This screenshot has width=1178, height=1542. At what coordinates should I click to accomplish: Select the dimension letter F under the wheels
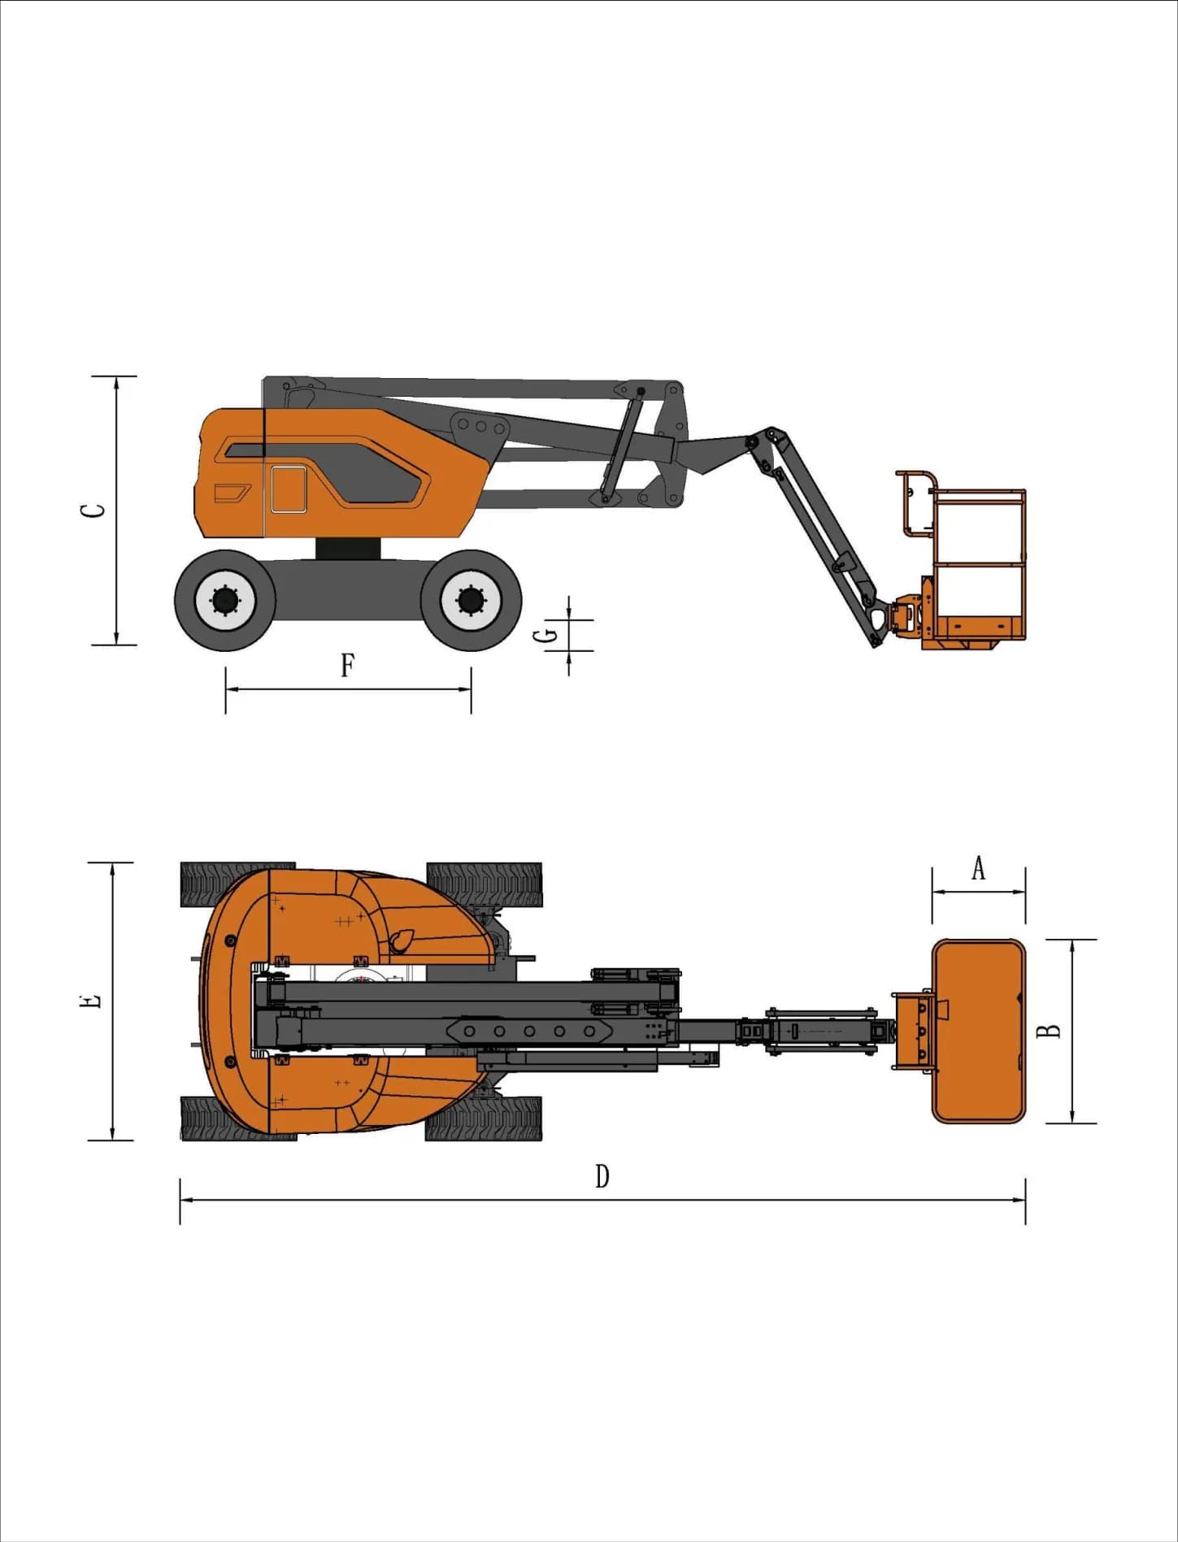coord(347,665)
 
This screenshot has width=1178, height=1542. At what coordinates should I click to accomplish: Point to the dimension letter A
coord(979,868)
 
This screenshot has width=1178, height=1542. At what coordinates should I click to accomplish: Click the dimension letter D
coord(602,1176)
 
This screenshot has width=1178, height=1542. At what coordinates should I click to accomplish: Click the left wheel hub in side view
coord(225,601)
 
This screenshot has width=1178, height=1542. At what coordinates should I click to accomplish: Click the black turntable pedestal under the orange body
coord(348,549)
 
